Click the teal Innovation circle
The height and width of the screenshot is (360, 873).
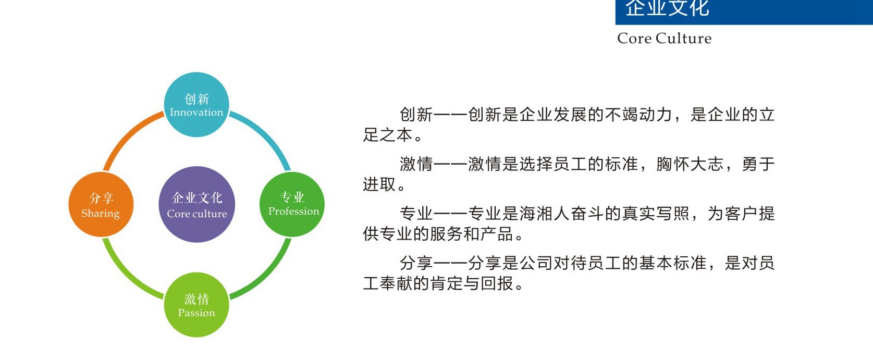(196, 104)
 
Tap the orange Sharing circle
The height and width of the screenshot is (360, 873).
(101, 204)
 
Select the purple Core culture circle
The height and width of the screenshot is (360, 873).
(197, 204)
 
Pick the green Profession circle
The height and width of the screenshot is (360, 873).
(292, 204)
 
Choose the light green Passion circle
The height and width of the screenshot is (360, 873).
(196, 304)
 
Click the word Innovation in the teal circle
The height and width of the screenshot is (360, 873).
(196, 112)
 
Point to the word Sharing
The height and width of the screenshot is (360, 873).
(101, 214)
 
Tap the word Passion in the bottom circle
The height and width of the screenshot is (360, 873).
(196, 313)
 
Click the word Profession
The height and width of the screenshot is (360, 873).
(293, 211)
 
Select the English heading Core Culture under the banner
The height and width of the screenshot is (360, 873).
(665, 38)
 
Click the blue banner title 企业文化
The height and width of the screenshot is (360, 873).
(667, 8)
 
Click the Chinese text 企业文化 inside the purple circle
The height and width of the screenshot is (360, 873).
(197, 198)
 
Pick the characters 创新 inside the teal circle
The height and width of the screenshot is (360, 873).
(197, 99)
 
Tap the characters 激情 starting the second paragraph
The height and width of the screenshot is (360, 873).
(416, 164)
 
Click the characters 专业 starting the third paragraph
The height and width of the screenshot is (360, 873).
(416, 214)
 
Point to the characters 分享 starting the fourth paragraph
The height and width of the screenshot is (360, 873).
(416, 263)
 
